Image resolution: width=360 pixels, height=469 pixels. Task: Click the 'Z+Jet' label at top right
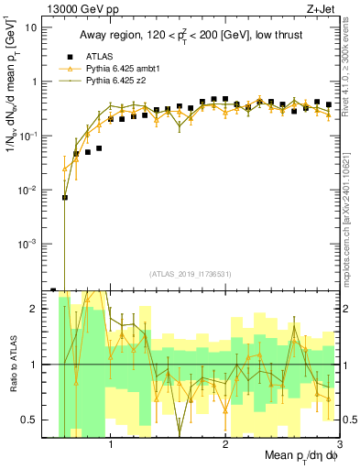point(323,8)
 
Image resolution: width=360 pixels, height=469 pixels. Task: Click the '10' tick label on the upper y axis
point(30,27)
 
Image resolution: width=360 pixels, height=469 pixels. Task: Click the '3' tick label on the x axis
point(339,443)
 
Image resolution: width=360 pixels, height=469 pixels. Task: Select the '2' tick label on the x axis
point(225,443)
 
